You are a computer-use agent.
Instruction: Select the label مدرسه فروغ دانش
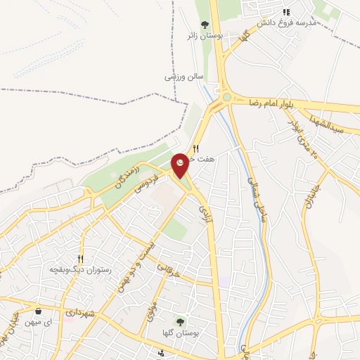(287, 23)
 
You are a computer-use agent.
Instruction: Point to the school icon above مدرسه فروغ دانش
(286, 12)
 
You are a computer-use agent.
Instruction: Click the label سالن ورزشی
(184, 75)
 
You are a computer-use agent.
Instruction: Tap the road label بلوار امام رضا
(266, 103)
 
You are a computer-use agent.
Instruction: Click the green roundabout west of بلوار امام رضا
(226, 97)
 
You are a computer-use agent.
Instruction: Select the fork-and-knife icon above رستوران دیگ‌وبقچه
(82, 259)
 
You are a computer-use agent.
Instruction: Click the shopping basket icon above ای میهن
(37, 310)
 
